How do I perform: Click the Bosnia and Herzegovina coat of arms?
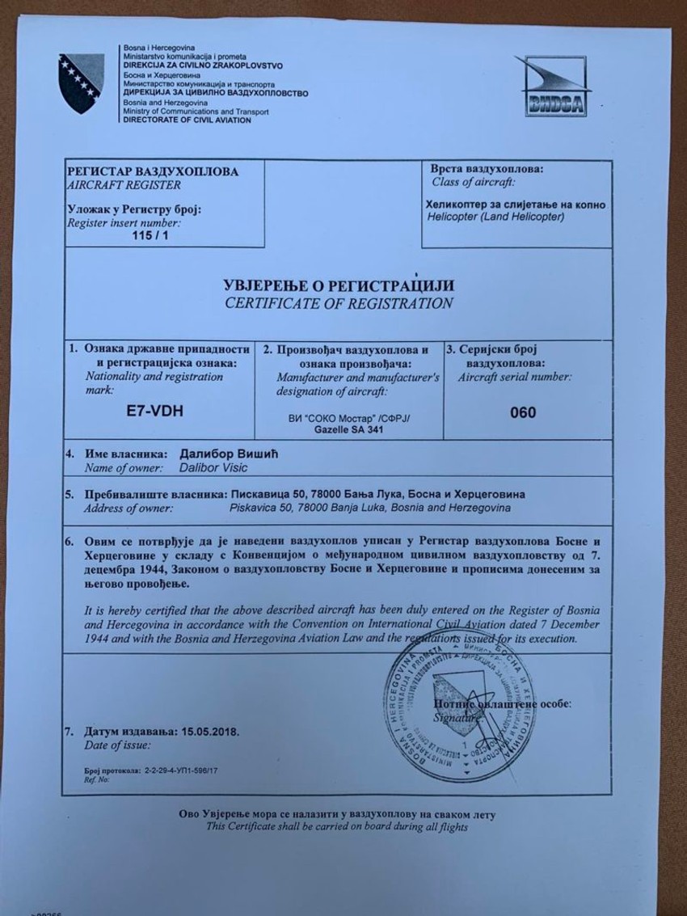pyautogui.click(x=82, y=83)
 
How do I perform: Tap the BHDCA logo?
pyautogui.click(x=553, y=87)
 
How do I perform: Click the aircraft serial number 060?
pyautogui.click(x=523, y=412)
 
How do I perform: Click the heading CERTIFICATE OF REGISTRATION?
pyautogui.click(x=339, y=304)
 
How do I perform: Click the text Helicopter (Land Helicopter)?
pyautogui.click(x=495, y=217)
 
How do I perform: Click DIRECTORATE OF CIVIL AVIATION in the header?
pyautogui.click(x=187, y=120)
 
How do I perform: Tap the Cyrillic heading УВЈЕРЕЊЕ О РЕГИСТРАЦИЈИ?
pyautogui.click(x=339, y=285)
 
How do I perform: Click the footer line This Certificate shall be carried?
pyautogui.click(x=336, y=826)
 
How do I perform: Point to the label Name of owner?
pyautogui.click(x=122, y=468)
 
